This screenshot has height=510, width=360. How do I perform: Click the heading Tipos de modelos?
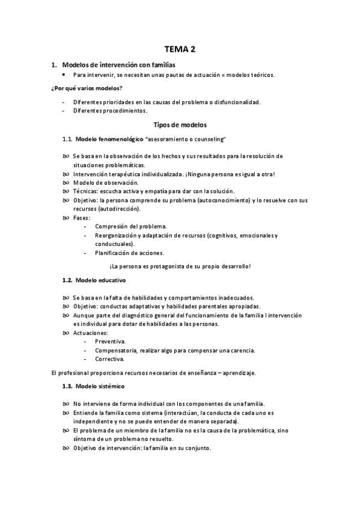pos(180,125)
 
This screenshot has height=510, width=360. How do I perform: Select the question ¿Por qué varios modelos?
pos(87,88)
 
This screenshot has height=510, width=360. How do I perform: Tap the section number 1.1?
pos(68,140)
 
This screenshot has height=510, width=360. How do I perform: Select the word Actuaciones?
pos(91,333)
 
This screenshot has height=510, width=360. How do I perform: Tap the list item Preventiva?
pos(110,342)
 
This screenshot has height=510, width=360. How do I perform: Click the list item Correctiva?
pos(109,359)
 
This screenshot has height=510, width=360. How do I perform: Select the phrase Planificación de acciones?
pos(129,253)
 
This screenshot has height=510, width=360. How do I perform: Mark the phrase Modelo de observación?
pos(105,182)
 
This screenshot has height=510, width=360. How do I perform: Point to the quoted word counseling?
pos(206,140)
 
